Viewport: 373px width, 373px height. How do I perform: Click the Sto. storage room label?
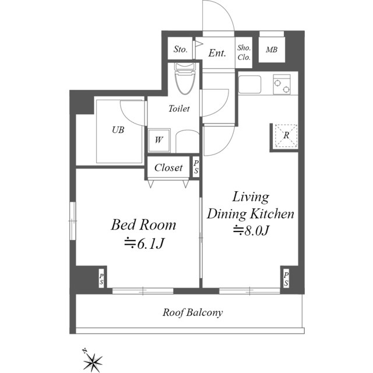click(180, 49)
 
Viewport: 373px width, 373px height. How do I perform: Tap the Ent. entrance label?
click(217, 53)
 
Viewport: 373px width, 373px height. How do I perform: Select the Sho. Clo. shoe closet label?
click(244, 52)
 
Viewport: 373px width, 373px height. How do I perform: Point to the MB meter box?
click(272, 50)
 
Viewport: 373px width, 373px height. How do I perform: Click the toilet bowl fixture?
click(185, 79)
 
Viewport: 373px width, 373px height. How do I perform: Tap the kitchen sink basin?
click(250, 85)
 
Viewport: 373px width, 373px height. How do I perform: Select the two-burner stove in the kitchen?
click(282, 85)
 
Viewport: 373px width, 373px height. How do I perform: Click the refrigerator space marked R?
click(286, 135)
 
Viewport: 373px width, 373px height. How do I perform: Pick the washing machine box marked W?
click(159, 140)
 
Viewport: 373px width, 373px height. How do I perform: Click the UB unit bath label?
click(118, 130)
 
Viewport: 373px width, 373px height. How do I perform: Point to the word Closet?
click(168, 168)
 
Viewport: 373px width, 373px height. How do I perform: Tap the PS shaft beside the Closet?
click(196, 167)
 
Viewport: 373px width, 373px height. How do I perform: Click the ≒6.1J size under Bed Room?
click(144, 244)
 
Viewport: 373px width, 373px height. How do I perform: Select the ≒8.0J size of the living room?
click(251, 230)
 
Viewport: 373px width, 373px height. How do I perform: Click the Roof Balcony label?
click(193, 312)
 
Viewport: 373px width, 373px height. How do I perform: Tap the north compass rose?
click(93, 361)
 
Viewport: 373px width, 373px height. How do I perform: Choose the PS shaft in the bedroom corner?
click(101, 279)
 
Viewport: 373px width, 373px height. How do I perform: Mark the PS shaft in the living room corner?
click(286, 279)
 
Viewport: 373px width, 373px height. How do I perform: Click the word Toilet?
click(179, 109)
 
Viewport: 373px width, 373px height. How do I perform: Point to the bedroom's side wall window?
click(72, 221)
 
